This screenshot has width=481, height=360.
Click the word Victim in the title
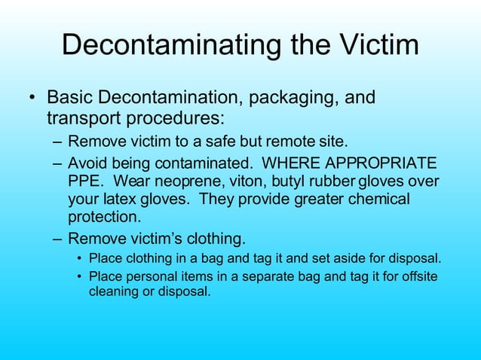pos(375,45)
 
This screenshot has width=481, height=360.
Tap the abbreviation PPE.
pos(83,182)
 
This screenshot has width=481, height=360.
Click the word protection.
pos(103,218)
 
